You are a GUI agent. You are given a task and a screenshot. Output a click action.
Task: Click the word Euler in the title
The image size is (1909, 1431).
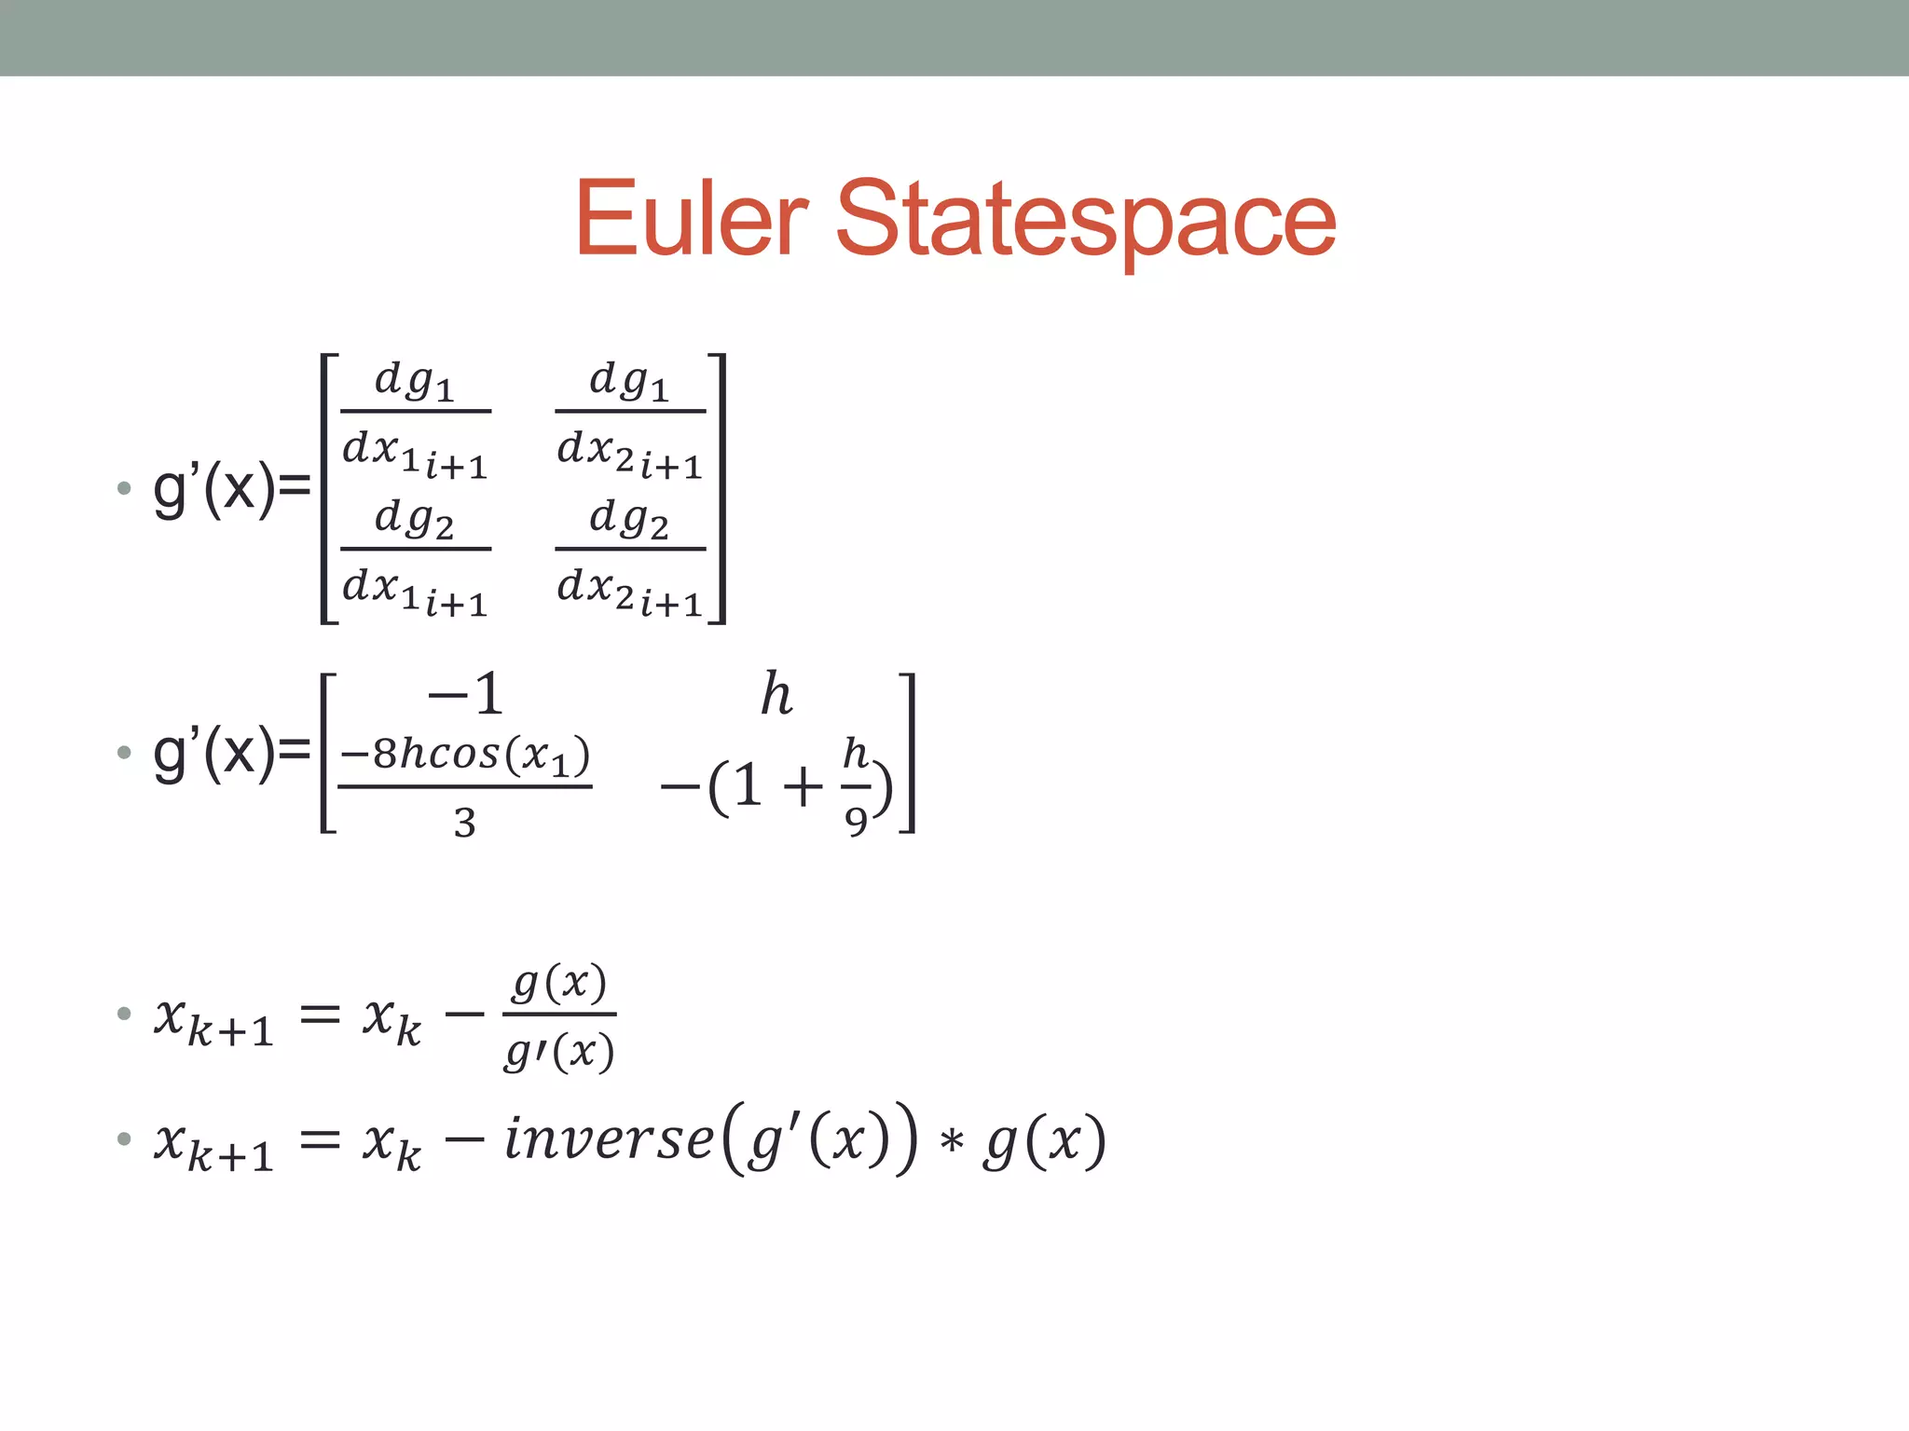coord(691,218)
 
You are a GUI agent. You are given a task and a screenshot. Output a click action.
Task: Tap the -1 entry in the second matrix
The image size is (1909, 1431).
coord(465,694)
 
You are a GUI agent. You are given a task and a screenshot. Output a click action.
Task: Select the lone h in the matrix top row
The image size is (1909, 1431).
coord(776,695)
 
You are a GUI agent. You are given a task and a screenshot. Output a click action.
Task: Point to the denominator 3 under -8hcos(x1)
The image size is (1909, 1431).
coord(465,823)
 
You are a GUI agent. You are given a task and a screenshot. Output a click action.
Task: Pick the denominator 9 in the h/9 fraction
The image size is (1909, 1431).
coord(856,821)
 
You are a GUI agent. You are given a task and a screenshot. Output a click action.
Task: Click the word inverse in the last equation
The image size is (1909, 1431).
coord(609,1139)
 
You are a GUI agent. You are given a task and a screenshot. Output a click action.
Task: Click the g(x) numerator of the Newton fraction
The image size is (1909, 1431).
coord(559,984)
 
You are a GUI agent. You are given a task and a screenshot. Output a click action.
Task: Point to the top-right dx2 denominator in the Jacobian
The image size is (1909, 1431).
coord(629,453)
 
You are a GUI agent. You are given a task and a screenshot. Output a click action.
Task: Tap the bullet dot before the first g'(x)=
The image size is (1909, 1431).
coord(124,488)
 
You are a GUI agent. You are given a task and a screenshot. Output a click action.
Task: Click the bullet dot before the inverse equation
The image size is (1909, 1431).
coord(124,1138)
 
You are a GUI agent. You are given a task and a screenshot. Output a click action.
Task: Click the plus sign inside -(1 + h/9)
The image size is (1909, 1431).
coord(803,787)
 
